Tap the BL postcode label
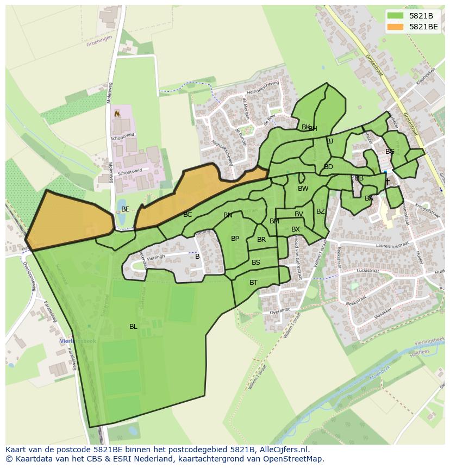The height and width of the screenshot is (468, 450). [x=133, y=327]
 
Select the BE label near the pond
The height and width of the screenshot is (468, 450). [x=126, y=209]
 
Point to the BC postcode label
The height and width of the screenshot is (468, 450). [x=187, y=215]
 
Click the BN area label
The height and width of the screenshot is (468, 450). [x=228, y=215]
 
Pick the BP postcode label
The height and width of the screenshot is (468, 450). [x=235, y=239]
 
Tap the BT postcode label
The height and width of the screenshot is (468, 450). [x=253, y=283]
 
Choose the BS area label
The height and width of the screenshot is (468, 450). [x=256, y=263]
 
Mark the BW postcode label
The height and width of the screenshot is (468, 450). [x=303, y=189]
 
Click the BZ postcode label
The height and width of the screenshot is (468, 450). [x=321, y=211]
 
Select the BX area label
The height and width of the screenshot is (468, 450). [x=296, y=229]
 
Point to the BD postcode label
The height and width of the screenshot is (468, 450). [x=328, y=167]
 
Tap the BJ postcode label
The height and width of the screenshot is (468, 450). [x=329, y=141]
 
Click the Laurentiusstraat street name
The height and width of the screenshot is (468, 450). [x=370, y=245]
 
